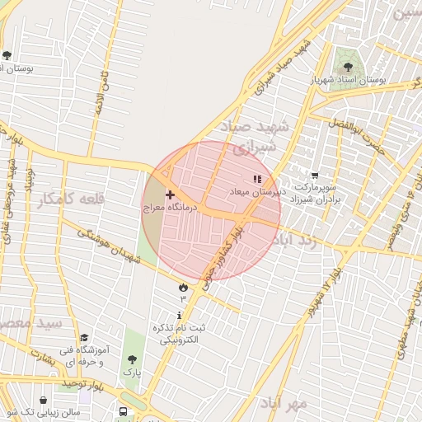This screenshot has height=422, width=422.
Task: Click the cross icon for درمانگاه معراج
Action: pyautogui.click(x=170, y=195)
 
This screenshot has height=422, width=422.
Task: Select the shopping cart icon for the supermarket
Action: pyautogui.click(x=315, y=175)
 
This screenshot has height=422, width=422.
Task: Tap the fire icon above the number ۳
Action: pyautogui.click(x=182, y=286)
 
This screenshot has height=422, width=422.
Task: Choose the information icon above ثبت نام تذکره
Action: pyautogui.click(x=180, y=316)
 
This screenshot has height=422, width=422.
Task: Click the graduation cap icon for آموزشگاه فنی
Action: pyautogui.click(x=84, y=338)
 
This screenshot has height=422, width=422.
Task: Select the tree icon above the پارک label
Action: pyautogui.click(x=132, y=359)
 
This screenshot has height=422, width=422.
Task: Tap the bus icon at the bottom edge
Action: pyautogui.click(x=123, y=411)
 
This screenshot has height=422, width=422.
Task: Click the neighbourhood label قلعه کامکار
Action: pyautogui.click(x=73, y=199)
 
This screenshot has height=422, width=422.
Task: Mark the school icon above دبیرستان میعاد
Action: pyautogui.click(x=257, y=177)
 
